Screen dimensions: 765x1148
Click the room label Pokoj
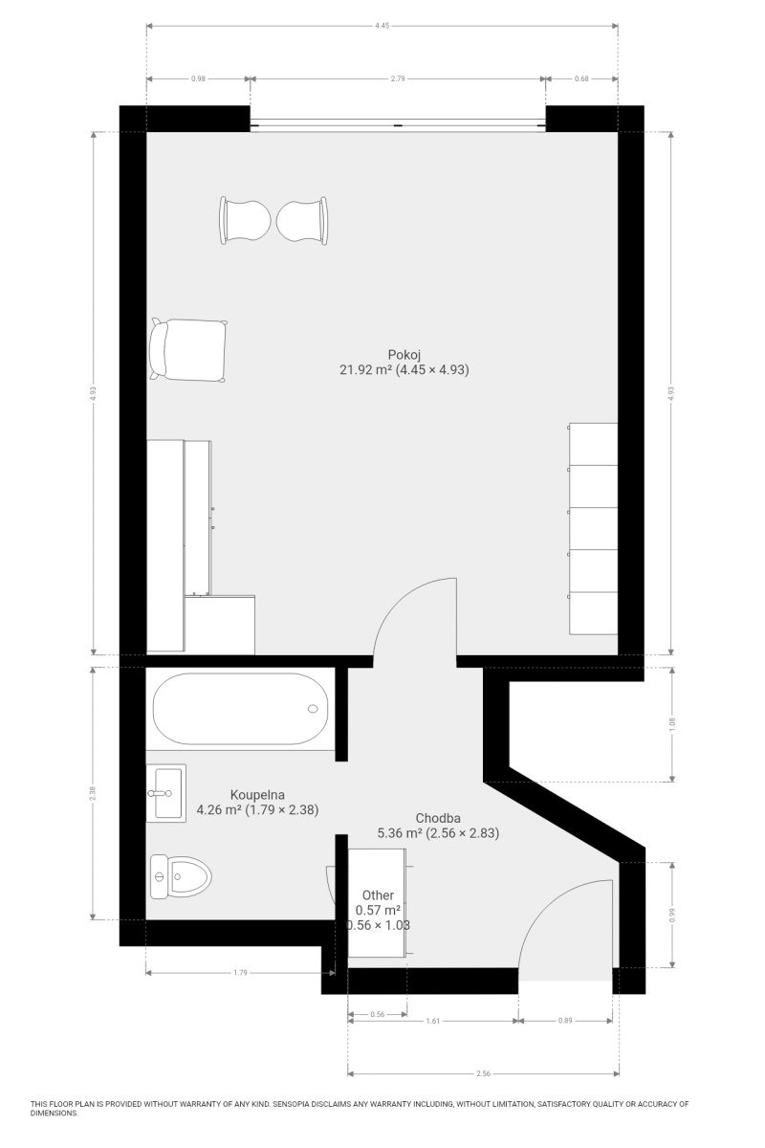click(x=404, y=355)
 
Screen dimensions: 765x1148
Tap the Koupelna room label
click(x=257, y=795)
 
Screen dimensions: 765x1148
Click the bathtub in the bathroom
click(x=240, y=709)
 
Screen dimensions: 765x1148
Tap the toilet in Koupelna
click(x=181, y=876)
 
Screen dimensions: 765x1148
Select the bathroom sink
click(x=166, y=793)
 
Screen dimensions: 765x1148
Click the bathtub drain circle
click(x=313, y=709)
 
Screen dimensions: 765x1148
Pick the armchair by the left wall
click(x=188, y=350)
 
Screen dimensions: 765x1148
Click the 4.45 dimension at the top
click(x=382, y=25)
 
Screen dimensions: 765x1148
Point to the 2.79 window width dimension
click(x=398, y=78)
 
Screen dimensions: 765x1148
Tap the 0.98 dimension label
click(x=198, y=78)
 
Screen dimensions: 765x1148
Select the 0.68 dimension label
click(x=581, y=78)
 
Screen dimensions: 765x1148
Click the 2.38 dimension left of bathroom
click(x=92, y=793)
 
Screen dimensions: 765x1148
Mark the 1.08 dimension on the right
click(x=672, y=724)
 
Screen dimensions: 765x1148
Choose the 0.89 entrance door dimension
click(x=564, y=1021)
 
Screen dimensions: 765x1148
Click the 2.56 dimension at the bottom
click(x=483, y=1073)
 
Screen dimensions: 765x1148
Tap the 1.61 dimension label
click(x=433, y=1021)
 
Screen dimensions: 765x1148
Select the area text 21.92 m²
click(x=366, y=369)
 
